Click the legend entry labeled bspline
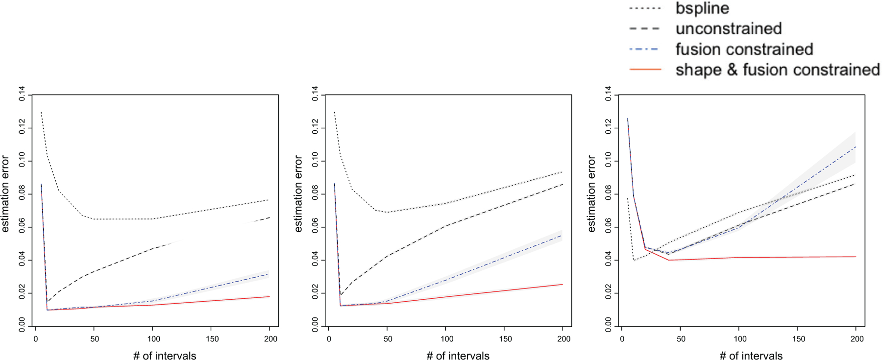tap(702, 8)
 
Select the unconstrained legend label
tap(729, 29)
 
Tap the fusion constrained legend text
tap(744, 49)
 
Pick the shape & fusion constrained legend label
tap(777, 70)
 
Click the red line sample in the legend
tap(645, 70)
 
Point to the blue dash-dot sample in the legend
tap(645, 49)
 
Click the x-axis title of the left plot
tap(165, 356)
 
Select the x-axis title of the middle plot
tap(458, 356)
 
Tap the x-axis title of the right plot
tap(751, 356)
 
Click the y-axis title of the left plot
tap(5, 193)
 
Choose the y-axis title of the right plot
tap(591, 193)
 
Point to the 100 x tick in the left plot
tap(153, 339)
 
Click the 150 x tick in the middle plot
tap(505, 339)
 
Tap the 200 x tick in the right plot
tap(857, 339)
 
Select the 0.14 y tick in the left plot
tap(22, 94)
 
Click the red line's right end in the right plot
tap(856, 257)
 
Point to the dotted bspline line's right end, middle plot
tap(563, 172)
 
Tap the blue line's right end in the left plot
tap(269, 274)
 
